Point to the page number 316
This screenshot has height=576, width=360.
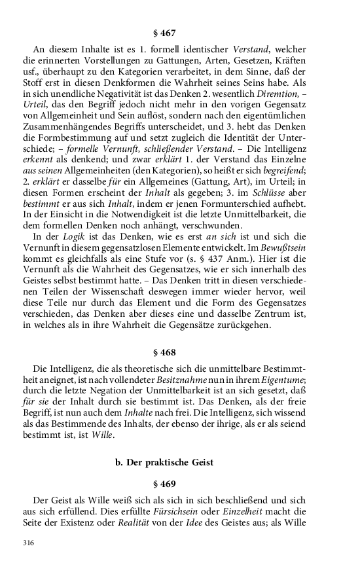pos(28,543)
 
